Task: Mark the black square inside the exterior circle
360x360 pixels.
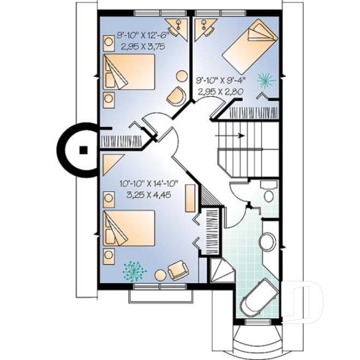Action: [84, 149]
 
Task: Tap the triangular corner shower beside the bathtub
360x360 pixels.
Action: [222, 274]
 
